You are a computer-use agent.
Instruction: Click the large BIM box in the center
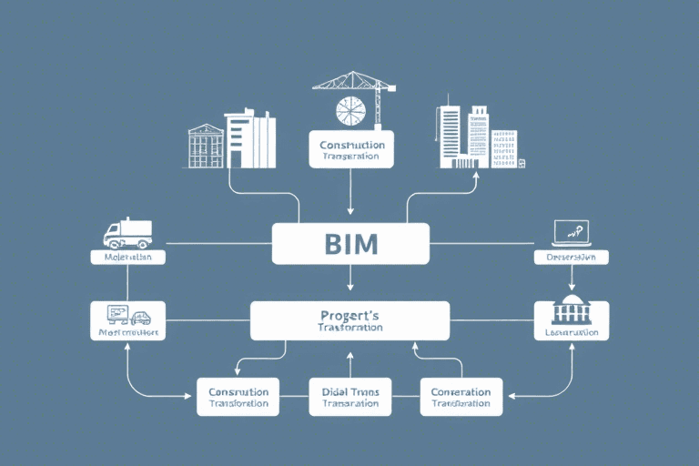point(350,243)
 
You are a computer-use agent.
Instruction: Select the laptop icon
point(571,233)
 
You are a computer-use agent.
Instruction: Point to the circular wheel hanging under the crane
point(350,110)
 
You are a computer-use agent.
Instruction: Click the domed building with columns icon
point(572,310)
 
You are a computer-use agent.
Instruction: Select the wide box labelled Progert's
point(350,320)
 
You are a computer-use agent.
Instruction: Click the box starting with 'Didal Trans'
point(350,397)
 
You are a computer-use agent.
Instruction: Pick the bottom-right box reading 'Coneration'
point(461,397)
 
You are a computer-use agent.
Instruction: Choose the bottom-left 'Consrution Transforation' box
point(238,397)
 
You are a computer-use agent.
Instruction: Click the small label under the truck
point(127,258)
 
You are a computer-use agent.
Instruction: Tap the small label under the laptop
point(571,258)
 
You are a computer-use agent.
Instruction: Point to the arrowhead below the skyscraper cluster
point(477,177)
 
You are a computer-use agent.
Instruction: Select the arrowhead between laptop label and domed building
point(571,284)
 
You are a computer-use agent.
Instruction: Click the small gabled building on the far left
point(205,146)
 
